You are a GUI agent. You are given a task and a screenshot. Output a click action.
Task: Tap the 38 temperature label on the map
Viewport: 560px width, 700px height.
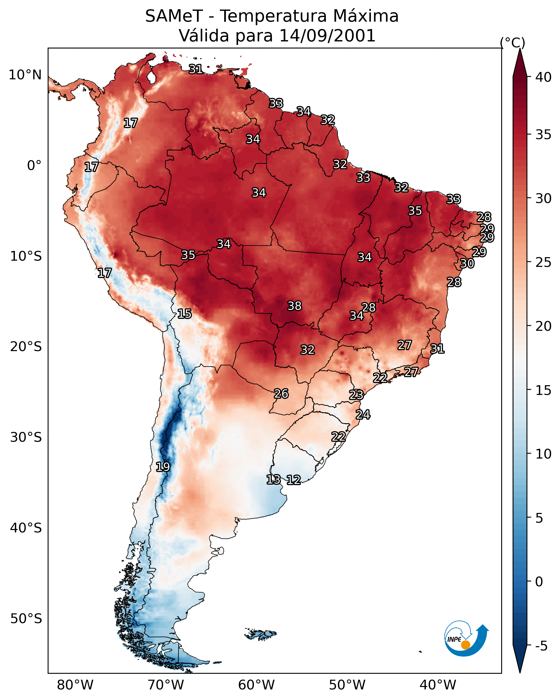click(294, 306)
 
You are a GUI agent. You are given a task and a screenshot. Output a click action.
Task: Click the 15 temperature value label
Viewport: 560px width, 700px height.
click(184, 314)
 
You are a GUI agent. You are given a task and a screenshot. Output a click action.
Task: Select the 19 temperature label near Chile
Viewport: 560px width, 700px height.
click(163, 467)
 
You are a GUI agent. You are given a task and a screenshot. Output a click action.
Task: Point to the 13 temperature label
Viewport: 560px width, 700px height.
click(273, 480)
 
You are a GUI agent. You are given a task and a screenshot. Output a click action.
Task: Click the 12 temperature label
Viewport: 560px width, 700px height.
click(293, 480)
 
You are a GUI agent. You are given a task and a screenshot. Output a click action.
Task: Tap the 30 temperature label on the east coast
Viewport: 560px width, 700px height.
click(467, 264)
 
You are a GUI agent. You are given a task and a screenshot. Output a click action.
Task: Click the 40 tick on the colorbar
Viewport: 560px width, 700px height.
click(543, 77)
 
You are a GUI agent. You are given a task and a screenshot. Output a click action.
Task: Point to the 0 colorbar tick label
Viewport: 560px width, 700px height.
click(539, 582)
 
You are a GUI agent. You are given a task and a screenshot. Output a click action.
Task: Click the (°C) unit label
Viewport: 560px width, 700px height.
click(512, 42)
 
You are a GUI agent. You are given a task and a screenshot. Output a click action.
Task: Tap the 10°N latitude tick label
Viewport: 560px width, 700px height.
click(25, 75)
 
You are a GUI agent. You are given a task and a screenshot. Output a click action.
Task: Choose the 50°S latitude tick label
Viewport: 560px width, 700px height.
click(26, 619)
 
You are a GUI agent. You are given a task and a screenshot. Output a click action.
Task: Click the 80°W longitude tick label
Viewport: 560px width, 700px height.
click(75, 685)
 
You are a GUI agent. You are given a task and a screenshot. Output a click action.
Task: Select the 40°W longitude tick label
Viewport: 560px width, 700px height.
click(438, 685)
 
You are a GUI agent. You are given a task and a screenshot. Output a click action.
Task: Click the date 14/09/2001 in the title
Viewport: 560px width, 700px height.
click(327, 36)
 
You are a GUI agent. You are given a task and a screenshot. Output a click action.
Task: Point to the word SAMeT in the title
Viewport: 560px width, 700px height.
click(174, 16)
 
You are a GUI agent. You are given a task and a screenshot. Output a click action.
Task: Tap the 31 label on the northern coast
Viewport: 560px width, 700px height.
click(196, 69)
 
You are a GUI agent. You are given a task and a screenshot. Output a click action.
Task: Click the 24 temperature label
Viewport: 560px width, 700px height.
click(363, 415)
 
